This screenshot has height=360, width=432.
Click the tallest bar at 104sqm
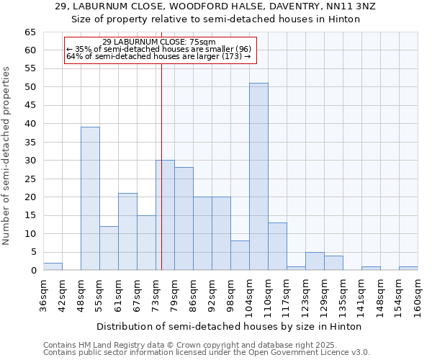click(258, 177)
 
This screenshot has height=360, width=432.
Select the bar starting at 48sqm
click(90, 199)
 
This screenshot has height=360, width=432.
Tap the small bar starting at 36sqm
click(53, 266)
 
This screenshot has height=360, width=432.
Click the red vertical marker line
click(161, 166)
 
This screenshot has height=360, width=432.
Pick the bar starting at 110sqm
click(277, 246)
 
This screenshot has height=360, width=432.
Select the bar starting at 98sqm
click(240, 256)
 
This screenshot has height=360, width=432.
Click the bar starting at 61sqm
click(127, 232)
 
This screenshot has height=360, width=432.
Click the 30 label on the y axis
click(30, 161)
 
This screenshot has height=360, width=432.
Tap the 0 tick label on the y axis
click(32, 271)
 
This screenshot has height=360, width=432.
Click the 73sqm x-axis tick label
click(156, 294)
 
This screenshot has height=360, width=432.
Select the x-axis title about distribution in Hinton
click(229, 327)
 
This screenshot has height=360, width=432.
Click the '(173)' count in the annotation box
click(233, 56)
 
